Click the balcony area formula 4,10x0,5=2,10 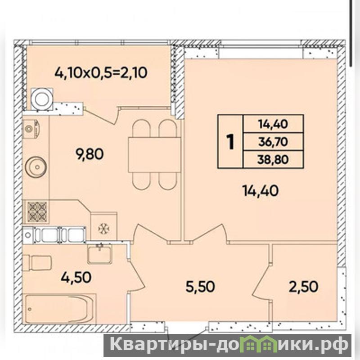(x=100, y=73)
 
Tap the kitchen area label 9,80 (x=90, y=154)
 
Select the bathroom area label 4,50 (x=76, y=277)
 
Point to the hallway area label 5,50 (x=200, y=286)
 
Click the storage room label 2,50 (x=303, y=286)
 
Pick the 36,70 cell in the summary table (x=273, y=142)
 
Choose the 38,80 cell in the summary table (x=273, y=159)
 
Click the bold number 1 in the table (x=230, y=142)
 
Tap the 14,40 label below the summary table (x=261, y=191)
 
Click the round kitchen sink (x=36, y=166)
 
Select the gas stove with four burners (x=37, y=211)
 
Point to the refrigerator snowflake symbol (x=104, y=229)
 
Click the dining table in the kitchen (x=155, y=154)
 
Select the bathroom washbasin (x=99, y=254)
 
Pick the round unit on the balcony (x=41, y=99)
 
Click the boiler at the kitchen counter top (x=31, y=129)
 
